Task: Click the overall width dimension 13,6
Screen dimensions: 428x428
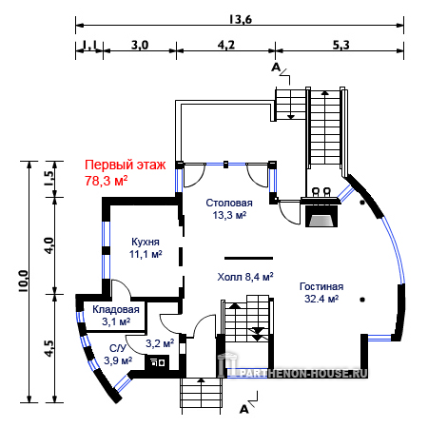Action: [241, 20]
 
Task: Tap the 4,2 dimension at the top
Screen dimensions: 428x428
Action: [226, 45]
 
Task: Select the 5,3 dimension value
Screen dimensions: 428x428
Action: [340, 45]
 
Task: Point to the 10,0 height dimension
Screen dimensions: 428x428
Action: [24, 281]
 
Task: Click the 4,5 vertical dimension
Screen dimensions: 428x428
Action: [49, 348]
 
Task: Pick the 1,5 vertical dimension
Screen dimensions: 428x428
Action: [49, 179]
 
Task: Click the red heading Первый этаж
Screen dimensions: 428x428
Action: [126, 165]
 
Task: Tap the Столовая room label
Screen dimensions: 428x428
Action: [229, 203]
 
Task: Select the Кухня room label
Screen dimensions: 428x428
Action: [146, 242]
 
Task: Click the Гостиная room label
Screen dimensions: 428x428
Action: [321, 286]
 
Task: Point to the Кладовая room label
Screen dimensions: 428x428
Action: [116, 310]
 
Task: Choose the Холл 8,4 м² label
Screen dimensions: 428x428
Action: [245, 277]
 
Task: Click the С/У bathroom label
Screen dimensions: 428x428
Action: [118, 348]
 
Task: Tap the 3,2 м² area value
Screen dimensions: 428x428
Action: [160, 342]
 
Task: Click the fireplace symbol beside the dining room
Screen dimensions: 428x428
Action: [321, 216]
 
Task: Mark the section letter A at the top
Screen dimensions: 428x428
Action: [276, 68]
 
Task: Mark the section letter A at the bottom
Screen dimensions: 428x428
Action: [243, 409]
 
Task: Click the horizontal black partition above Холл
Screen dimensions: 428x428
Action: [248, 259]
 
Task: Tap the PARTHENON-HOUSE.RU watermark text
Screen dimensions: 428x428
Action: [304, 373]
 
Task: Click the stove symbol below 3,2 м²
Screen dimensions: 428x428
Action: [157, 362]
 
